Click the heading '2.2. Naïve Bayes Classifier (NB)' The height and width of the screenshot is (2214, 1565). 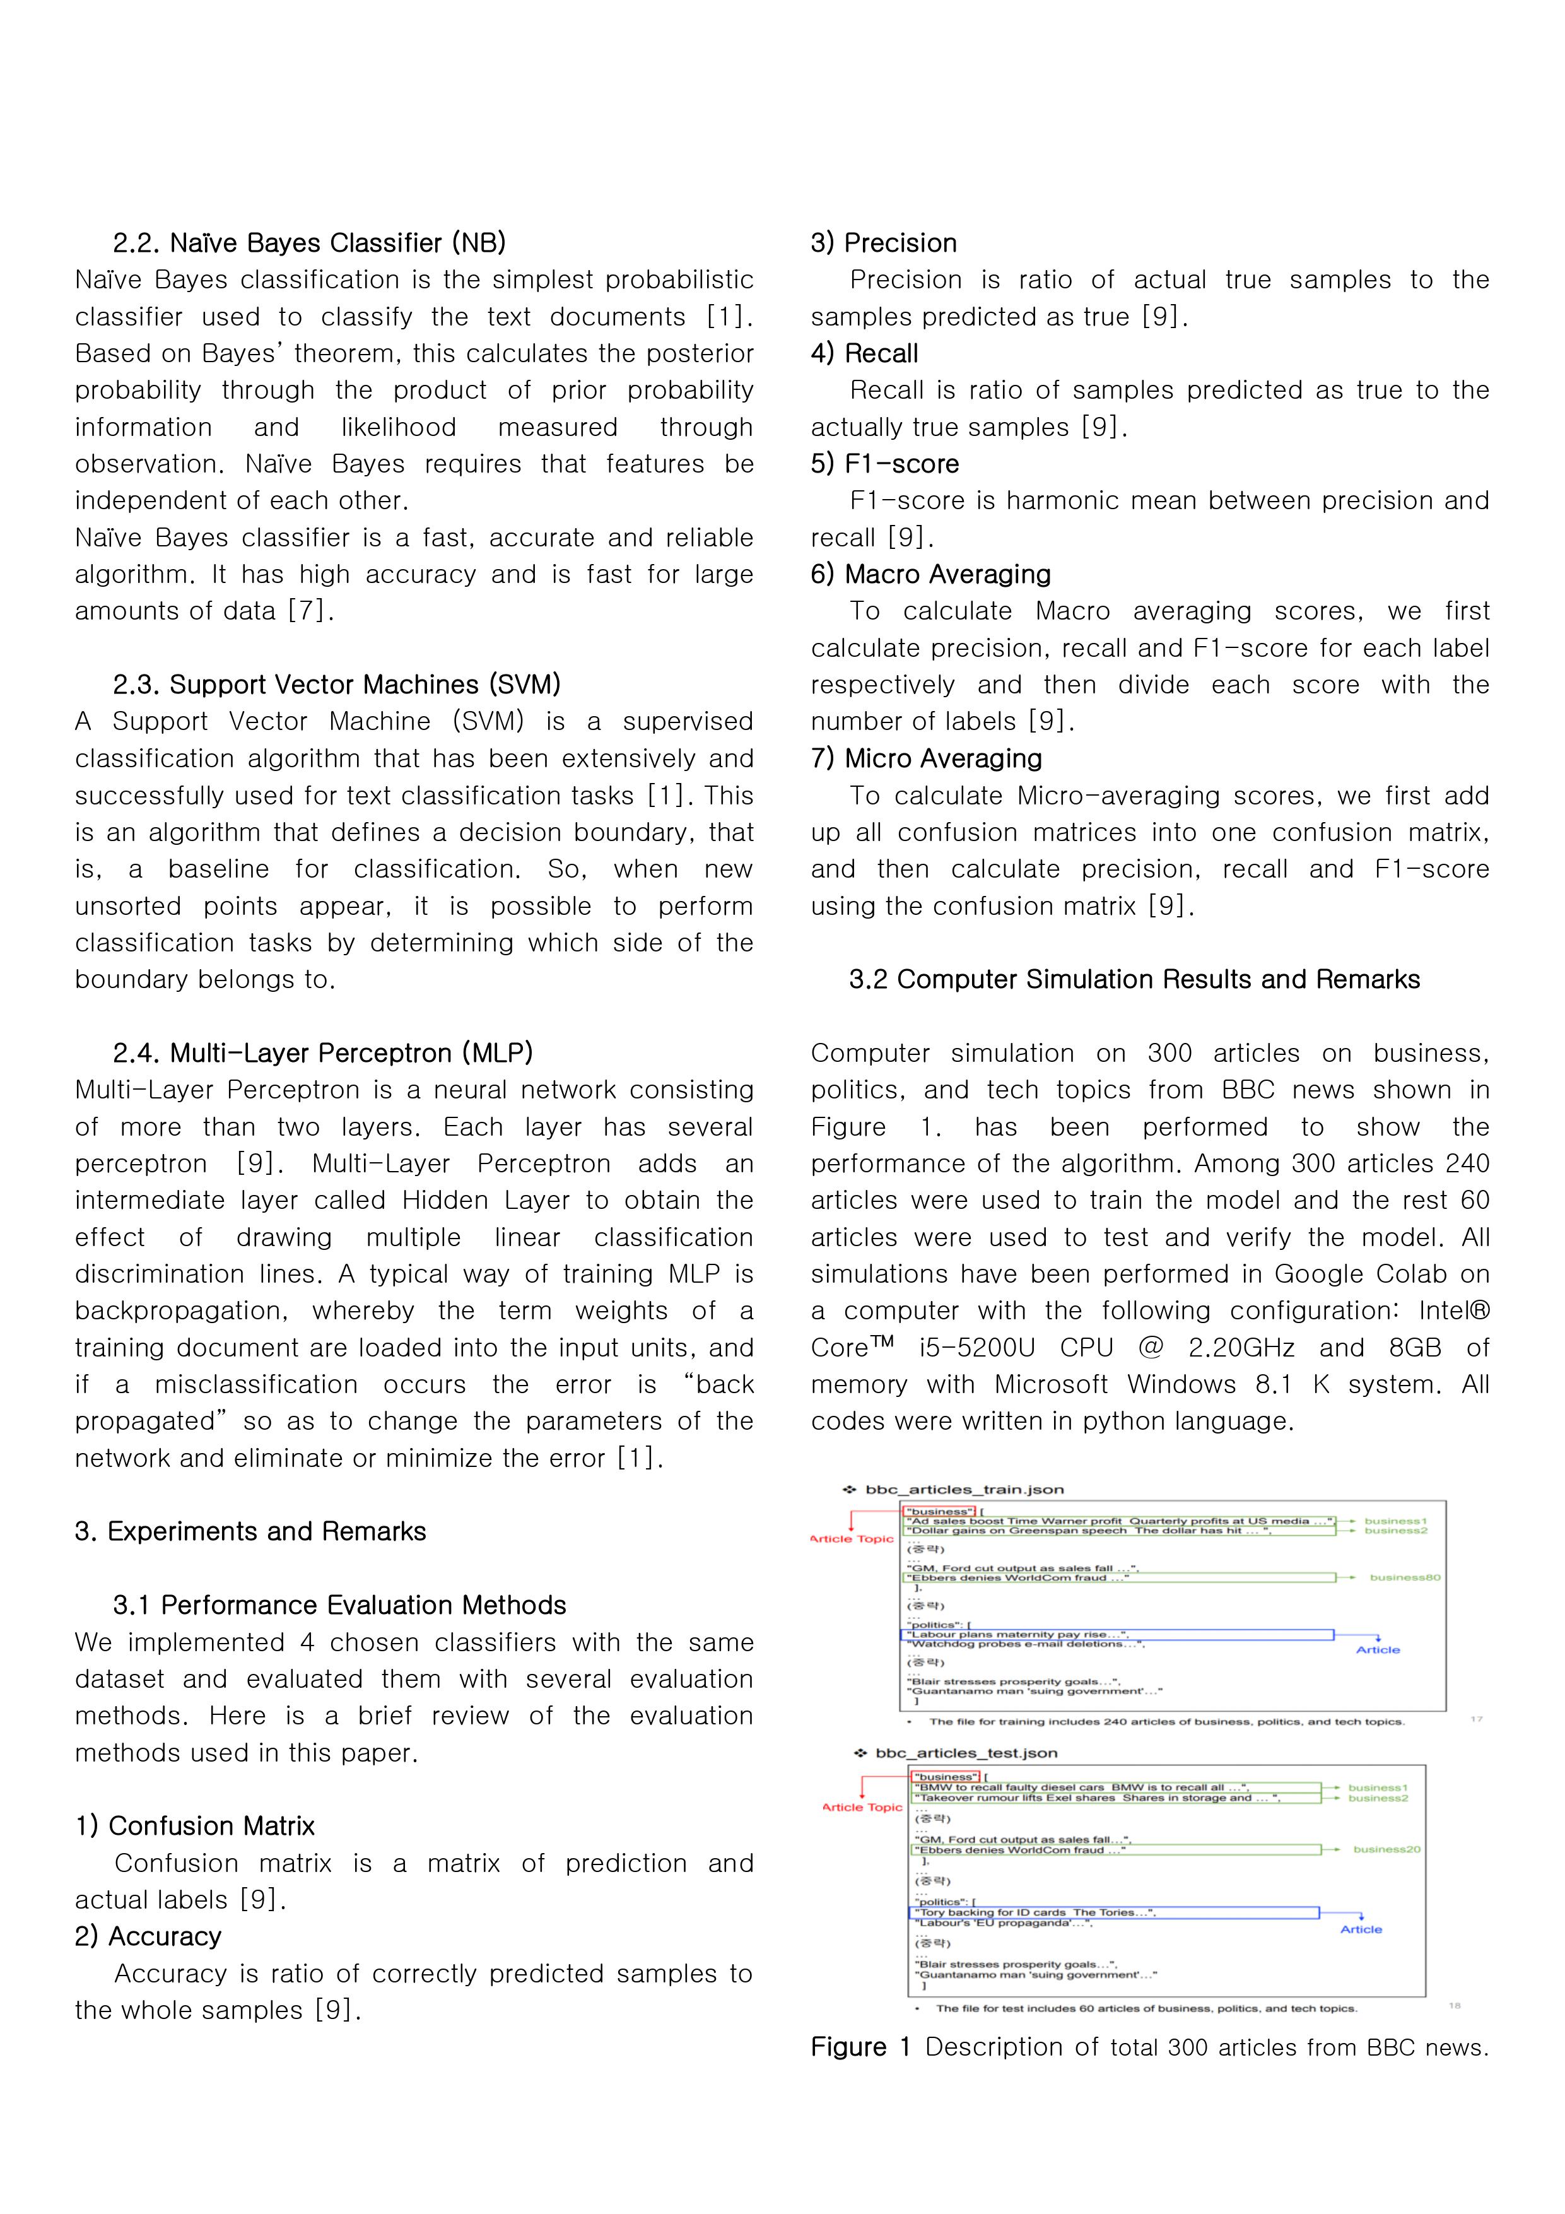pyautogui.click(x=308, y=243)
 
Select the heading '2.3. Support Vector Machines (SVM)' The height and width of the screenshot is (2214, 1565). pyautogui.click(x=336, y=685)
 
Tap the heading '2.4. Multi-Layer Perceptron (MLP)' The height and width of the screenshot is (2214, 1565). pyautogui.click(x=322, y=1053)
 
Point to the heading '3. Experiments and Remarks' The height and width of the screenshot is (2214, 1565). pyautogui.click(x=250, y=1531)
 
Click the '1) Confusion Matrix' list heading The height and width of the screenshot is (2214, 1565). pyautogui.click(x=195, y=1827)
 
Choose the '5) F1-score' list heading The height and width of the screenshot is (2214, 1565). pyautogui.click(x=884, y=464)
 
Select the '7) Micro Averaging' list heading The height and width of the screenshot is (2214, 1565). pyautogui.click(x=926, y=759)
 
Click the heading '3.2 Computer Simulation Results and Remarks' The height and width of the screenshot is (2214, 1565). pyautogui.click(x=1134, y=980)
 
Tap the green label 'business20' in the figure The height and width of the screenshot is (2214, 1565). pyautogui.click(x=1386, y=1849)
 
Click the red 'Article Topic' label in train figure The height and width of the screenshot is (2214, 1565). pyautogui.click(x=852, y=1539)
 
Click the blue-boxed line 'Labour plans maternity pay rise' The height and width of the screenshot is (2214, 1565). pyautogui.click(x=1012, y=1634)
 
